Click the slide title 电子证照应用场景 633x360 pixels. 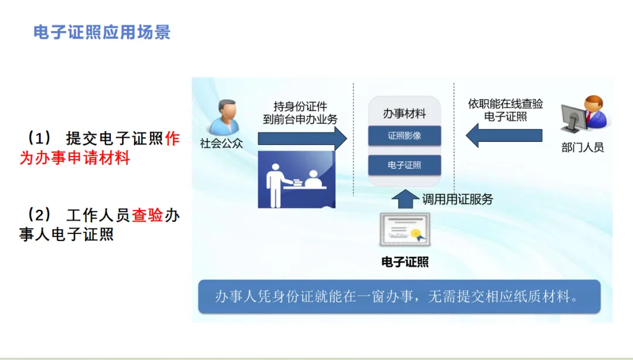tap(102, 32)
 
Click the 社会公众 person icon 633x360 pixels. tap(224, 117)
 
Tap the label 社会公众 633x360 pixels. tap(222, 143)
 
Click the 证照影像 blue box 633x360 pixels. tap(404, 135)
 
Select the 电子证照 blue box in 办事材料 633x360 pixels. tap(404, 165)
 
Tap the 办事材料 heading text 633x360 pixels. tap(404, 114)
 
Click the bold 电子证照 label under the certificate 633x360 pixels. tap(404, 262)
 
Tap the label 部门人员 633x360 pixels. tap(582, 147)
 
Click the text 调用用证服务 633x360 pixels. tap(458, 199)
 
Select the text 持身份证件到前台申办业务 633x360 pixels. tap(300, 113)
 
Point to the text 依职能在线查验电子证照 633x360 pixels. tap(505, 110)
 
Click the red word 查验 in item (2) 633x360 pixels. tap(147, 216)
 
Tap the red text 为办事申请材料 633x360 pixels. tap(74, 158)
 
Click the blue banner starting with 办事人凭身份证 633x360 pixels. tap(399, 297)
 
